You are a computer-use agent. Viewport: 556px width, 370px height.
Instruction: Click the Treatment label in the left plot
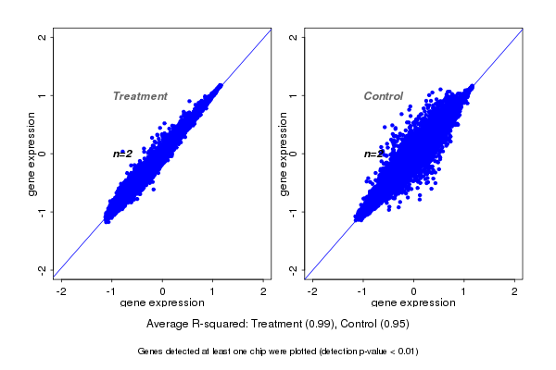[140, 96]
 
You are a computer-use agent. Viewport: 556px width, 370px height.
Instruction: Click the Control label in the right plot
[384, 96]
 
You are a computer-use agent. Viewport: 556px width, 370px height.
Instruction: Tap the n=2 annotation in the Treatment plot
[123, 154]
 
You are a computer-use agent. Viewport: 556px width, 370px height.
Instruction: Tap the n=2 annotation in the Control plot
[373, 154]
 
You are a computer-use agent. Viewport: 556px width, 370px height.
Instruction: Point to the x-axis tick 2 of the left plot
[264, 291]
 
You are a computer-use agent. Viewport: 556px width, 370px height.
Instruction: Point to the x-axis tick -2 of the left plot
[62, 291]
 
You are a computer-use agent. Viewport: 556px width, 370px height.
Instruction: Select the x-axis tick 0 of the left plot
[163, 291]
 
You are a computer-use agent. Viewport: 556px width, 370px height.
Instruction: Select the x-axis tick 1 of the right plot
[464, 291]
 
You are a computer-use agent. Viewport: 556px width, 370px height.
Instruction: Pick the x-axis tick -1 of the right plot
[363, 291]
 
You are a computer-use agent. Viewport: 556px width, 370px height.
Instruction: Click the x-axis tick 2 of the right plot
[515, 291]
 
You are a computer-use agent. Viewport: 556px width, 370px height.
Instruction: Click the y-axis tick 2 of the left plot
[43, 37]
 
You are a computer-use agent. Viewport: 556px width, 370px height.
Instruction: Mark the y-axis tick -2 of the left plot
[43, 269]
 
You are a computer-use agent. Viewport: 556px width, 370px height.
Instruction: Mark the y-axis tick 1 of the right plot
[294, 95]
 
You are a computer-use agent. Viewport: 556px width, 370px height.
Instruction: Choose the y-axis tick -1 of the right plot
[294, 211]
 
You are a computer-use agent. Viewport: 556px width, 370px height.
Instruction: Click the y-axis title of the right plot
[283, 154]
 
